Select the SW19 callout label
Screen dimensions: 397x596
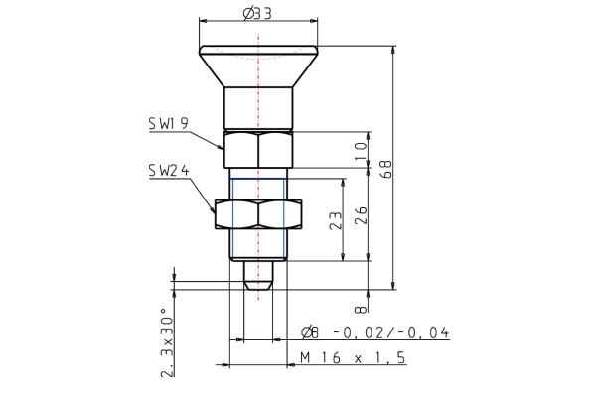coord(169,123)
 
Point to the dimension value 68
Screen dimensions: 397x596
coord(386,169)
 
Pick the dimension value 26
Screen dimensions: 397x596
coord(361,213)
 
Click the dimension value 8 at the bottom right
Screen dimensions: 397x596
coord(361,308)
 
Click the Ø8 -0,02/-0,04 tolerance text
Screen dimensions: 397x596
coord(373,332)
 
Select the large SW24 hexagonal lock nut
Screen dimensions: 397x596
coord(258,214)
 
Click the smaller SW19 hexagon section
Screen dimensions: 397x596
coord(258,149)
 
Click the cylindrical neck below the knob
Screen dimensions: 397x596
coord(258,107)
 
